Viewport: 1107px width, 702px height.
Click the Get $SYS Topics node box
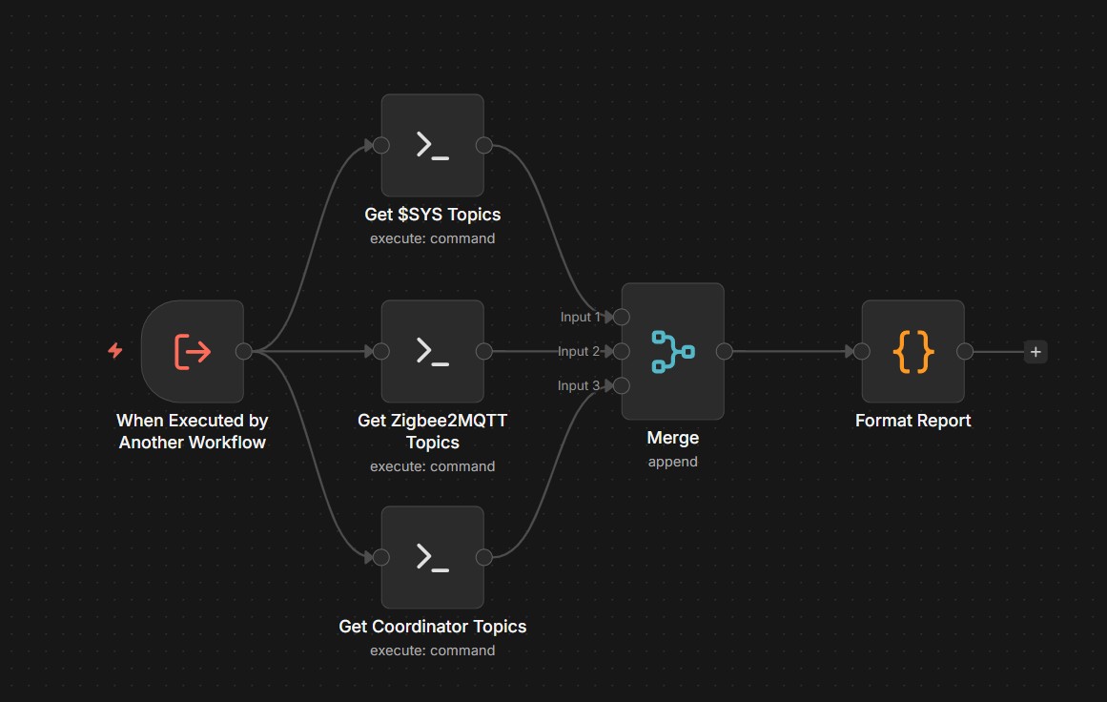pyautogui.click(x=432, y=145)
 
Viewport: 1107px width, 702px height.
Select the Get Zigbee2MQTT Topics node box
pyautogui.click(x=432, y=351)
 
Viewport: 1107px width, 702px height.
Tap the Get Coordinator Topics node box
pyautogui.click(x=432, y=557)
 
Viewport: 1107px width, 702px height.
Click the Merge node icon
pyautogui.click(x=672, y=351)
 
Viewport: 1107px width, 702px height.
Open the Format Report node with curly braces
pyautogui.click(x=912, y=351)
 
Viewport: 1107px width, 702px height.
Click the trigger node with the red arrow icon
pyautogui.click(x=193, y=351)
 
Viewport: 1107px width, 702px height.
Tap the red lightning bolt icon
pyautogui.click(x=115, y=351)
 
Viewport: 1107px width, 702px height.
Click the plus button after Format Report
pyautogui.click(x=1035, y=352)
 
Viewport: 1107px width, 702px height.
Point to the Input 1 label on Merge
pyautogui.click(x=580, y=317)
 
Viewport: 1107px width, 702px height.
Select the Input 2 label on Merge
pyautogui.click(x=579, y=351)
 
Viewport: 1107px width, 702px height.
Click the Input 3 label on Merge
pyautogui.click(x=580, y=385)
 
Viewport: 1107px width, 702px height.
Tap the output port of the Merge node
pyautogui.click(x=724, y=351)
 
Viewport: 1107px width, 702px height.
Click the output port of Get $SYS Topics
pyautogui.click(x=483, y=145)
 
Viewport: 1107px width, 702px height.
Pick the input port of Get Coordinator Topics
pyautogui.click(x=380, y=557)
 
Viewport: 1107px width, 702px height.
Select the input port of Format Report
pyautogui.click(x=862, y=351)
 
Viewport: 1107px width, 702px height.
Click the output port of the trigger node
pyautogui.click(x=243, y=351)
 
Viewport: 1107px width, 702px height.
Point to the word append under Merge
pyautogui.click(x=672, y=462)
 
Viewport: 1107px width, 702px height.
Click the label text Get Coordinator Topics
pyautogui.click(x=432, y=627)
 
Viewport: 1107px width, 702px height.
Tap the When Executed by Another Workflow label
pyautogui.click(x=193, y=431)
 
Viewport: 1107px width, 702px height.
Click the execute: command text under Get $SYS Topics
pyautogui.click(x=432, y=238)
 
